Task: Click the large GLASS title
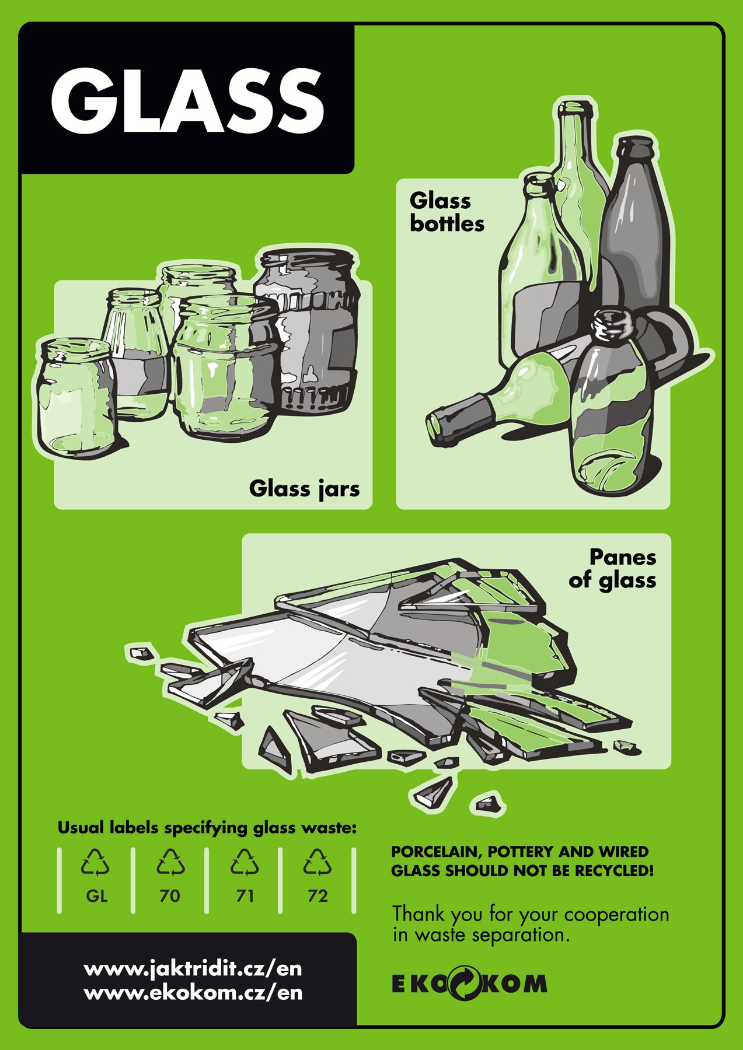coord(187,100)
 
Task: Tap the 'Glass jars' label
coord(304,489)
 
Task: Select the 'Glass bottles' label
coord(447,212)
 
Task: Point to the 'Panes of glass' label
coord(613,568)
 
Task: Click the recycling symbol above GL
coord(95,863)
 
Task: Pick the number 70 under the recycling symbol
coord(170,895)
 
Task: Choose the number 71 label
coord(245,895)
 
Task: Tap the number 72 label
coord(318,895)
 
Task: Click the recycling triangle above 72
coord(318,863)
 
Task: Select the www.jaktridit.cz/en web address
coord(193,969)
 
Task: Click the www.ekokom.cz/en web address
coord(193,992)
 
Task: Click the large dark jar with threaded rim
coord(306,330)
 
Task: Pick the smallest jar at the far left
coord(76,397)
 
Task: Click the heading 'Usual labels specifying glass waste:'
coord(207,827)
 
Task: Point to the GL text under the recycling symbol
coord(96,895)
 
